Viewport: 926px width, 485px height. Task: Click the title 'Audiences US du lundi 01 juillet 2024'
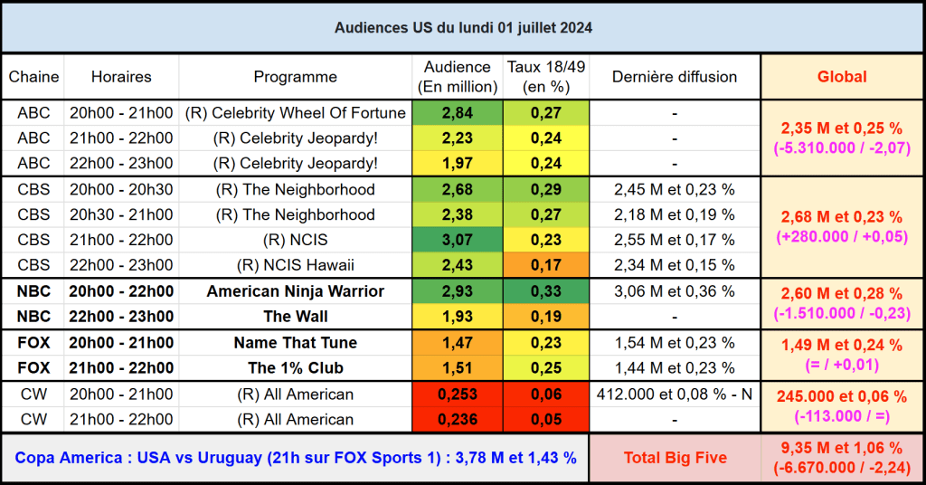pyautogui.click(x=463, y=28)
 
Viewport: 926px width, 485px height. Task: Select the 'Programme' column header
pyautogui.click(x=295, y=77)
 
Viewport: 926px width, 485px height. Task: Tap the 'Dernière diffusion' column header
pyautogui.click(x=674, y=77)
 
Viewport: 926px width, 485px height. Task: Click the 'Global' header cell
pyautogui.click(x=842, y=77)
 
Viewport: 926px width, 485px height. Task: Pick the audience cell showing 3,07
pyautogui.click(x=458, y=240)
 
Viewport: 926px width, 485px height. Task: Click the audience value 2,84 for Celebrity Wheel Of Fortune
pyautogui.click(x=458, y=113)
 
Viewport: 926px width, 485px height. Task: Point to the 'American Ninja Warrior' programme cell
pyautogui.click(x=295, y=291)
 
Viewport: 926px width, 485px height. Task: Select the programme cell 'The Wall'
pyautogui.click(x=295, y=317)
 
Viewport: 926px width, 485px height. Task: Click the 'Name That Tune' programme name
pyautogui.click(x=295, y=343)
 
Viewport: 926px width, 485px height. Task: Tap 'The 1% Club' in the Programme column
pyautogui.click(x=295, y=368)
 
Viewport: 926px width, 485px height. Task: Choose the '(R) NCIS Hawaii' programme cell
pyautogui.click(x=295, y=265)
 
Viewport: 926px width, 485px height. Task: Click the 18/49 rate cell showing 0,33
pyautogui.click(x=546, y=291)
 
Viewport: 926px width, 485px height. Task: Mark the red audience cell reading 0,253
pyautogui.click(x=458, y=395)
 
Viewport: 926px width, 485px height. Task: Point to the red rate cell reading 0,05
pyautogui.click(x=546, y=420)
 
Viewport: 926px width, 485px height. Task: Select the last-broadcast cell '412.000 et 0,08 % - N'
pyautogui.click(x=674, y=395)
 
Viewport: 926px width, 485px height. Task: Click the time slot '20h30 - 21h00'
pyautogui.click(x=121, y=214)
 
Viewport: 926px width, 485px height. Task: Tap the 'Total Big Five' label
pyautogui.click(x=675, y=458)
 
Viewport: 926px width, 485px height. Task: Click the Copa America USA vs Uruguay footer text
pyautogui.click(x=295, y=458)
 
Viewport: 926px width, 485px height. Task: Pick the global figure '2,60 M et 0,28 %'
pyautogui.click(x=842, y=294)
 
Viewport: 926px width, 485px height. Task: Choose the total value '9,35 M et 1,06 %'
pyautogui.click(x=842, y=448)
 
